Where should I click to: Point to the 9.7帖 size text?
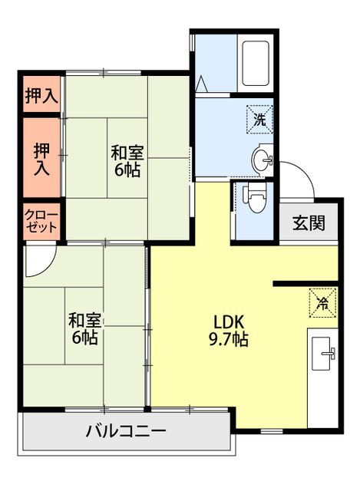click(228, 339)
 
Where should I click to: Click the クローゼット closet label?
click(41, 220)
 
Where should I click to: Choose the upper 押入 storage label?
click(40, 95)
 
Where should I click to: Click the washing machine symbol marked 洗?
click(259, 119)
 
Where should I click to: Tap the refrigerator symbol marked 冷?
click(323, 302)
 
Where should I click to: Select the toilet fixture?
click(255, 199)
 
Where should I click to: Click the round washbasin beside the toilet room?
click(262, 160)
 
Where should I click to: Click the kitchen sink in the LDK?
click(322, 353)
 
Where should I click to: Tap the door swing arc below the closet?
click(38, 261)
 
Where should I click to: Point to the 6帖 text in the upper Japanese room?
click(127, 171)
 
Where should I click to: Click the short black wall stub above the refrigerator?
click(306, 284)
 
